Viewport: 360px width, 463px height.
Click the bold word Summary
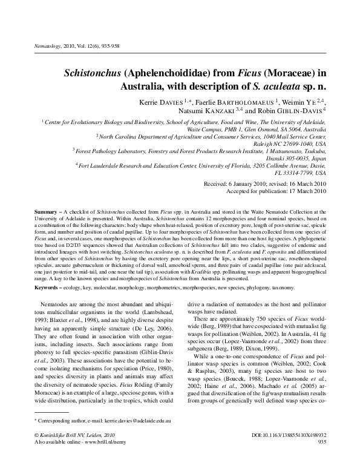coord(45,212)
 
